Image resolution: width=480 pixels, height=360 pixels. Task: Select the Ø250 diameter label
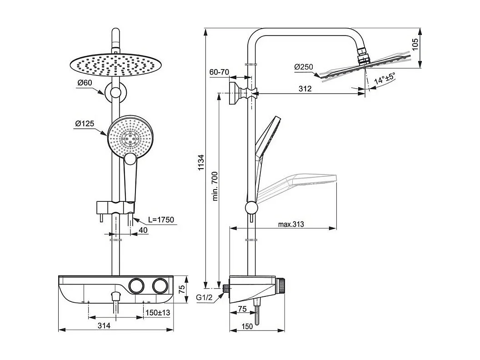[304, 67]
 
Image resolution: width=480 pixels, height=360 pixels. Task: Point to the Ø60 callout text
[85, 82]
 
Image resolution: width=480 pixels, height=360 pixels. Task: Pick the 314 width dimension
[104, 325]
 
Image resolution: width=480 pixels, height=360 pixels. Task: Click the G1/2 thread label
[205, 298]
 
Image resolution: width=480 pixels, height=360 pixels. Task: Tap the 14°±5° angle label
[384, 79]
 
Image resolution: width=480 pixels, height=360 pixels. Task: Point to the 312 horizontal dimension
[305, 89]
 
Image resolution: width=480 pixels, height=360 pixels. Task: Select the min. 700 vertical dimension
[215, 186]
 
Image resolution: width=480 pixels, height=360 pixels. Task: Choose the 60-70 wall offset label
[219, 72]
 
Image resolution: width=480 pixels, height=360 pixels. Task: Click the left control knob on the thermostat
[135, 285]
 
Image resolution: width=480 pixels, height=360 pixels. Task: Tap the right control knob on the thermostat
[159, 285]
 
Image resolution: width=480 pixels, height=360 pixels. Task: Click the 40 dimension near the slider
[143, 231]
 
